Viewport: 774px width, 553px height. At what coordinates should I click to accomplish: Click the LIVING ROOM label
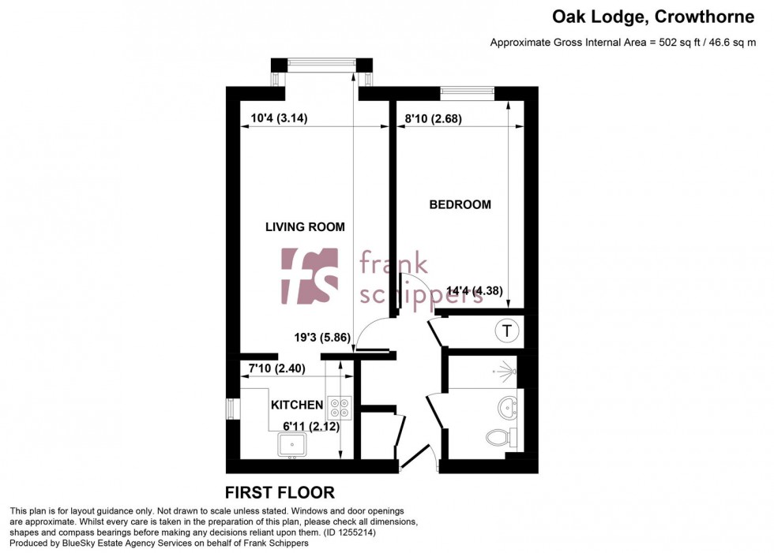305,227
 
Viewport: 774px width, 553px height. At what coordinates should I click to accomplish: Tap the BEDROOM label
460,205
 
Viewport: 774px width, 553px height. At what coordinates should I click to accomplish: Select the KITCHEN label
297,405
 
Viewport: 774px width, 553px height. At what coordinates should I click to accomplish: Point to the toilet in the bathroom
500,436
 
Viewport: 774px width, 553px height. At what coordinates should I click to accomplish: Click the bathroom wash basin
507,408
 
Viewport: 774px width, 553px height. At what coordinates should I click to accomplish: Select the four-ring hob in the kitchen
340,405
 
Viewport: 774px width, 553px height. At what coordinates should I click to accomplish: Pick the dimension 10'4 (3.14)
279,119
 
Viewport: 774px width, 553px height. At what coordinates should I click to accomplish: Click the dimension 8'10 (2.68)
433,120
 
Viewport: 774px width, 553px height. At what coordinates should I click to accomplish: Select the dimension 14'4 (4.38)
474,290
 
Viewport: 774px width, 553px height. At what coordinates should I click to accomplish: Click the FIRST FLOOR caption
280,493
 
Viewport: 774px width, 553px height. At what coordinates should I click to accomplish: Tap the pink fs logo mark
310,275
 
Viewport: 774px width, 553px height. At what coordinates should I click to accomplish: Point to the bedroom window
468,92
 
